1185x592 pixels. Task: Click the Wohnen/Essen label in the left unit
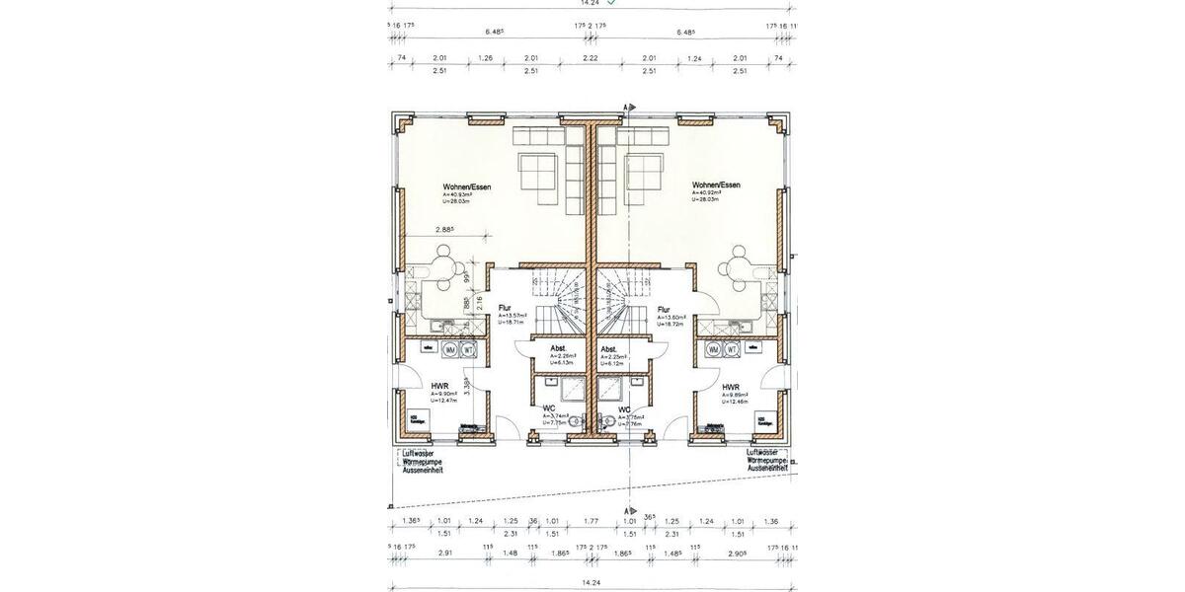click(x=467, y=185)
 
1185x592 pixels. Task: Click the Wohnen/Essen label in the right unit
click(x=716, y=185)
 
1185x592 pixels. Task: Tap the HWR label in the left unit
click(x=439, y=387)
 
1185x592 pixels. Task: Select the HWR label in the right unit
click(x=731, y=387)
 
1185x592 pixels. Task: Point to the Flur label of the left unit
click(x=504, y=308)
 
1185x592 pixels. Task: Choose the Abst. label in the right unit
click(x=608, y=348)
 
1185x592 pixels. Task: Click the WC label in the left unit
click(x=548, y=408)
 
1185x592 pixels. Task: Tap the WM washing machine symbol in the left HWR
click(x=450, y=349)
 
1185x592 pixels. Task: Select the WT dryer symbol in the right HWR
click(x=733, y=349)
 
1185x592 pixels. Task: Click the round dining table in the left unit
click(x=444, y=265)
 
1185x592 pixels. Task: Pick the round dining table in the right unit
click(x=739, y=265)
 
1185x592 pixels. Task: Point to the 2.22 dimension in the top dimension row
click(x=591, y=58)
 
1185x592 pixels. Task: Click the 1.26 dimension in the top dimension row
click(x=485, y=58)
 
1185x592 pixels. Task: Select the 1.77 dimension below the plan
click(x=591, y=521)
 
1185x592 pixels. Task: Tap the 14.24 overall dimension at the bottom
click(x=591, y=583)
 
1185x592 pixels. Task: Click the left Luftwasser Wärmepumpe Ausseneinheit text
click(x=422, y=461)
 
